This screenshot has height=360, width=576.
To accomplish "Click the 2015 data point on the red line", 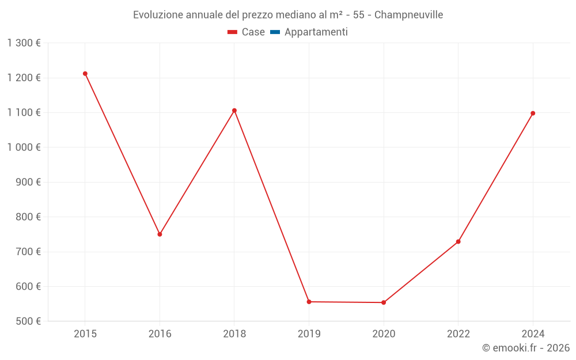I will pos(85,74).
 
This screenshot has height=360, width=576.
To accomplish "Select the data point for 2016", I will pos(160,234).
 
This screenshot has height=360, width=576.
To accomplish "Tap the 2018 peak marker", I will pos(234,111).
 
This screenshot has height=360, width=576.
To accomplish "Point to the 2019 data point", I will pos(309,302).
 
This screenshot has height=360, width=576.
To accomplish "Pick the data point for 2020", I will pos(384,302).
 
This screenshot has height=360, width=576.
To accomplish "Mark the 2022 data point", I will pos(458,241).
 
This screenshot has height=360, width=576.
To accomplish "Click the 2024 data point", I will pos(533,113).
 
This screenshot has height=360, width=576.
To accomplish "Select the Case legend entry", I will pos(253,32).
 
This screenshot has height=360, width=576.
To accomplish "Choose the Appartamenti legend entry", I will pos(316,32).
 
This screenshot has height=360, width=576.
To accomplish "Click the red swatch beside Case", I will pos(232,32).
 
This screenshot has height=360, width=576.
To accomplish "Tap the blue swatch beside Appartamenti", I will pos(275,32).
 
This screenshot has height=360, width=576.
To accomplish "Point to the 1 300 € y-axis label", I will pos(24,43).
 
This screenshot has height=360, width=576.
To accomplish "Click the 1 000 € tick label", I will pos(24,147).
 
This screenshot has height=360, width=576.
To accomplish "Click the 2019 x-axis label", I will pos(309,334).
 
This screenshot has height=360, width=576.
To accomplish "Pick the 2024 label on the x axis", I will pos(533,334).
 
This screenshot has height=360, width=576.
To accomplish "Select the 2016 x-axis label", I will pos(160,334).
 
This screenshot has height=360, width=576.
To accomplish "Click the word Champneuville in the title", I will pos(408,15).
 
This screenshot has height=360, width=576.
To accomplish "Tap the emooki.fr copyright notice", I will pos(526,348).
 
